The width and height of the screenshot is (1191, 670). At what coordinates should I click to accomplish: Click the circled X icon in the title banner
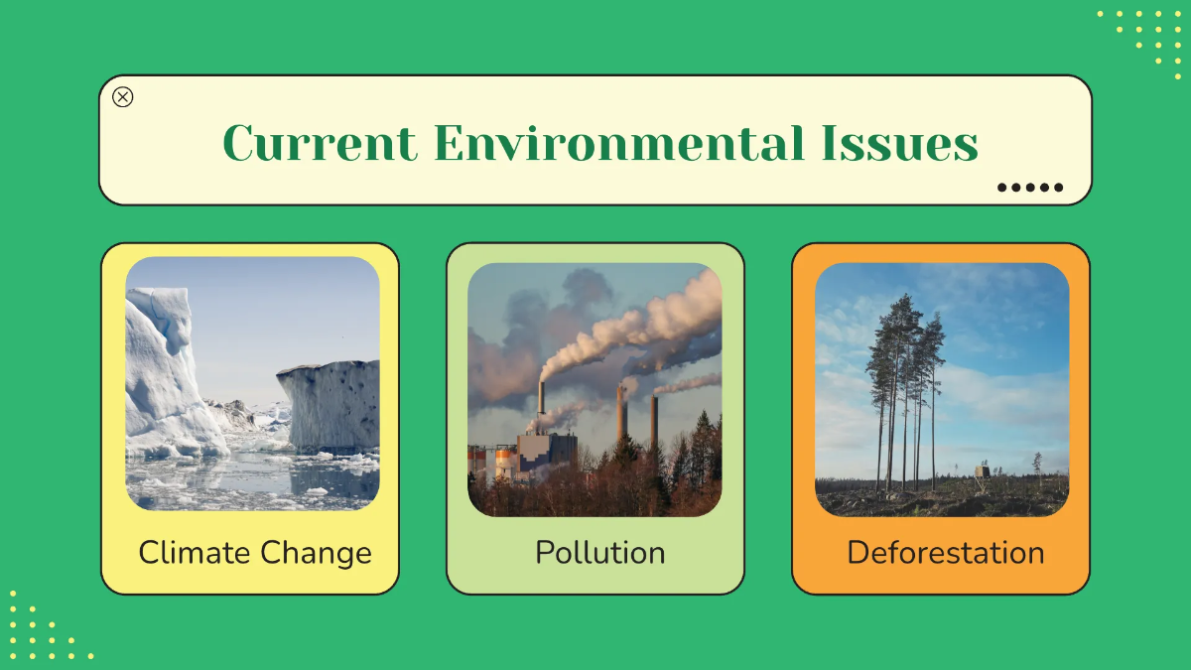pos(123,97)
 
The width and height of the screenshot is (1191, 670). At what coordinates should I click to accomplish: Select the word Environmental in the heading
pos(618,143)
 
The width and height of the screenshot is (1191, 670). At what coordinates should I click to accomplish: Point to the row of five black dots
pos(1030,187)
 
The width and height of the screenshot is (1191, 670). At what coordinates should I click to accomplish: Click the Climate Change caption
pos(255,553)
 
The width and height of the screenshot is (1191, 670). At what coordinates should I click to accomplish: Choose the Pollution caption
pos(599,553)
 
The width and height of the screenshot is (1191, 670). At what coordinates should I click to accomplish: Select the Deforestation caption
pos(945,553)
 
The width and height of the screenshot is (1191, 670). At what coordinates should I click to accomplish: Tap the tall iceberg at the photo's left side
pos(165,377)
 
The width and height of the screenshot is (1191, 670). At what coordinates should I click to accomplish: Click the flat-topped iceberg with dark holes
pos(331,402)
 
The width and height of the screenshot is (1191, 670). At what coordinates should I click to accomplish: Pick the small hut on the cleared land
pos(983,469)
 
